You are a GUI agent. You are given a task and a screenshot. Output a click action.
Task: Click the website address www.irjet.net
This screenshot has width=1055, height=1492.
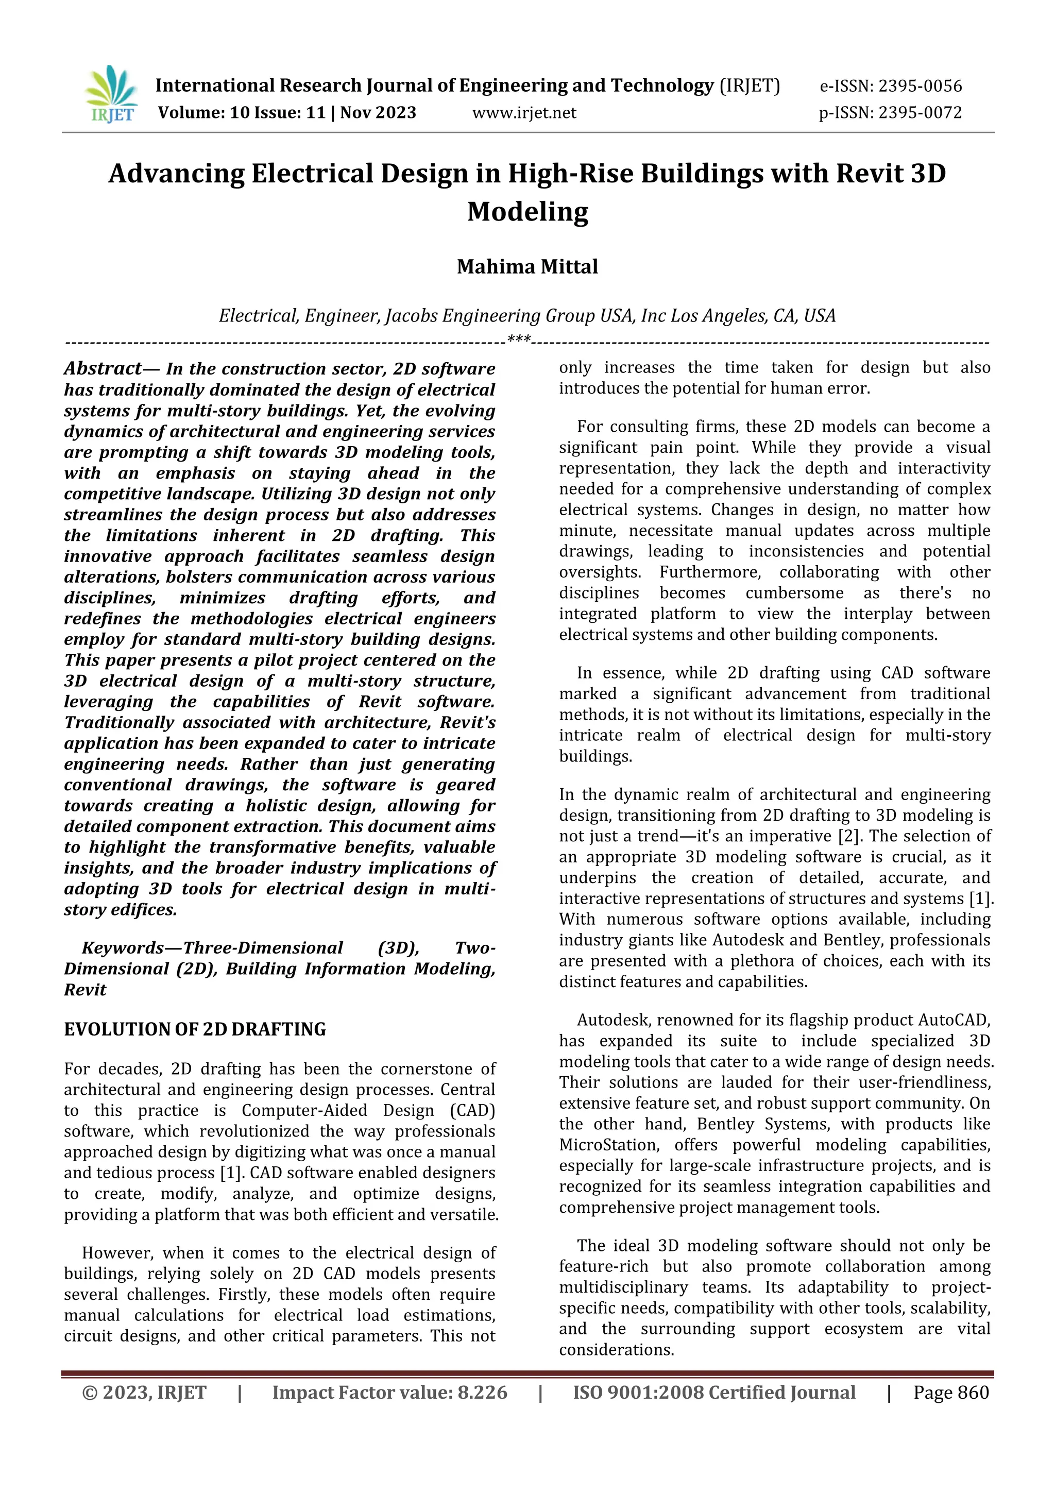523,112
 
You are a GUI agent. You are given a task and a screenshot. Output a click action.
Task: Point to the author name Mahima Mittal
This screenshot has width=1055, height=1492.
527,266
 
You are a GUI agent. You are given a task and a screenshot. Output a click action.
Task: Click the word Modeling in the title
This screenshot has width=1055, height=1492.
527,212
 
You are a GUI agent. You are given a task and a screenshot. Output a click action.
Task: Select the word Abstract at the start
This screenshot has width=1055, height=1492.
102,368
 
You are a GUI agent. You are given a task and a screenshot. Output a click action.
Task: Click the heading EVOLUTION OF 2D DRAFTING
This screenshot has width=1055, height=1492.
195,1029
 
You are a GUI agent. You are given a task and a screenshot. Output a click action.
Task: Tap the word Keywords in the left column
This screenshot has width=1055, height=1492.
123,948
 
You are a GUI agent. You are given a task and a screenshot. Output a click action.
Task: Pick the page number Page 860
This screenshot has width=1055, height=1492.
951,1393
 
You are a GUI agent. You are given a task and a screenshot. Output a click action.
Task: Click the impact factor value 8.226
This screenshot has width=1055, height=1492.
482,1393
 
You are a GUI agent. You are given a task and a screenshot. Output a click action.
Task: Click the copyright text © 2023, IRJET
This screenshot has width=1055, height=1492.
144,1393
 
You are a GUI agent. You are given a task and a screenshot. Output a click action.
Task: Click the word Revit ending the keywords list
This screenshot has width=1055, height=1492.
85,990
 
